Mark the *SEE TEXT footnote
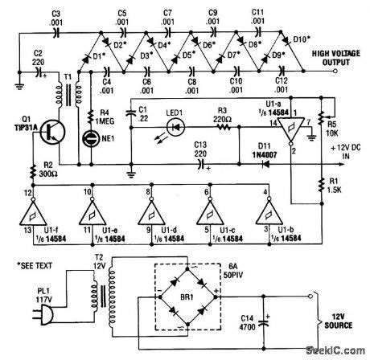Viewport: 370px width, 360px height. [x=31, y=264]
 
